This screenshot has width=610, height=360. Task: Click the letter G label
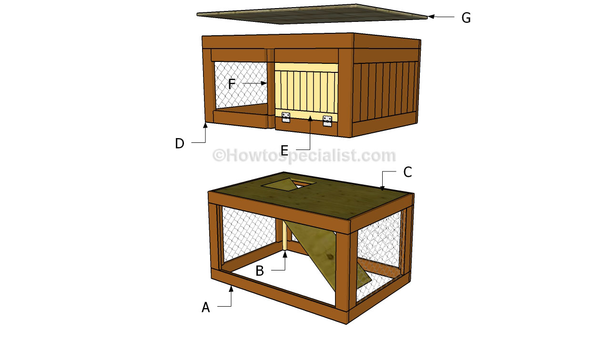tap(466, 18)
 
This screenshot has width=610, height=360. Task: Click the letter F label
tap(232, 84)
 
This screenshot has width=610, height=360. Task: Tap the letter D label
tap(179, 143)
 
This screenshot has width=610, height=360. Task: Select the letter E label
tap(284, 151)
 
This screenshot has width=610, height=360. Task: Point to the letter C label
tap(407, 172)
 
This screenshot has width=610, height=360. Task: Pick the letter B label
tap(260, 271)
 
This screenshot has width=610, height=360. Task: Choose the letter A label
tap(205, 308)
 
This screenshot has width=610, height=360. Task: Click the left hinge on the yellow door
tap(286, 118)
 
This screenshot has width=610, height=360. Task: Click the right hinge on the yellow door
tap(327, 121)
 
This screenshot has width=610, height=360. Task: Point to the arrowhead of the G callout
tap(430, 17)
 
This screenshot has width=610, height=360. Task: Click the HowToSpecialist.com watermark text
tap(304, 155)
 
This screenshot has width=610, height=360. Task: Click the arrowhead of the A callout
tap(231, 288)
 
